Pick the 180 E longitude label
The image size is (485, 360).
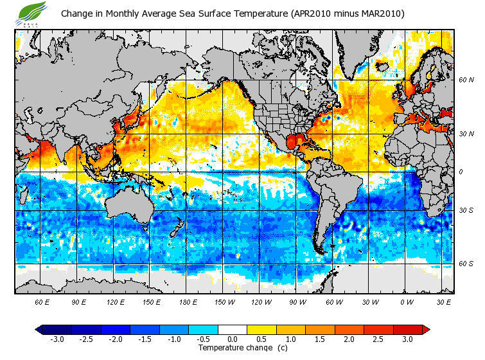click(x=188, y=301)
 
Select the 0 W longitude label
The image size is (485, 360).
click(x=407, y=301)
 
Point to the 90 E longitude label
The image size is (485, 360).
click(x=79, y=301)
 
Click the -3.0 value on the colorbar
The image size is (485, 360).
click(x=57, y=339)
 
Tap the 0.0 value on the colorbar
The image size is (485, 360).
click(x=233, y=339)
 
